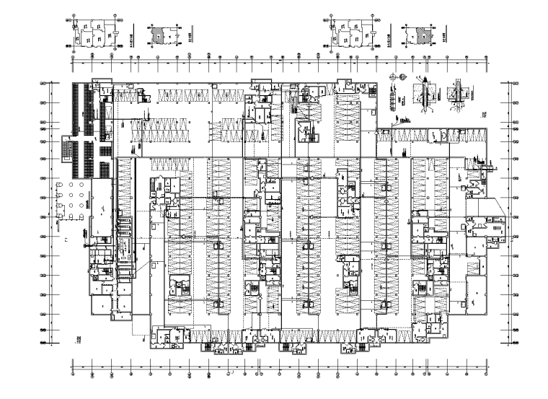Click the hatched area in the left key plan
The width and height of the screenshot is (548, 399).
(x=157, y=34)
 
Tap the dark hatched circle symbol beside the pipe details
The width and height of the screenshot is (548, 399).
(x=402, y=76)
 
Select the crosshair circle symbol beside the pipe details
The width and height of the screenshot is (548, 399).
(x=392, y=76)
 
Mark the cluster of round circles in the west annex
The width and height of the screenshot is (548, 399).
(x=75, y=198)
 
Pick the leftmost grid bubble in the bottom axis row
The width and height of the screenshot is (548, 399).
(x=75, y=373)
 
